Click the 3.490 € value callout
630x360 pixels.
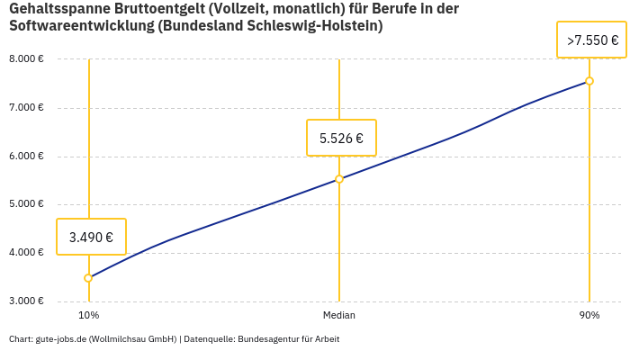click(x=91, y=237)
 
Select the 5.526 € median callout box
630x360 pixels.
click(x=341, y=138)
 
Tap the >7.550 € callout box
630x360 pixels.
click(x=592, y=40)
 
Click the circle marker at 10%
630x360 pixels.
click(x=88, y=278)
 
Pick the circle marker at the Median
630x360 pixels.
click(x=339, y=179)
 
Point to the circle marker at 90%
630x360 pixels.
click(x=589, y=81)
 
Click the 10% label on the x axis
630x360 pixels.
click(x=88, y=315)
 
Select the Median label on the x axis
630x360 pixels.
click(x=339, y=315)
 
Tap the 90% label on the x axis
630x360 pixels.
click(x=589, y=315)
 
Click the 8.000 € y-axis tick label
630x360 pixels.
click(x=26, y=59)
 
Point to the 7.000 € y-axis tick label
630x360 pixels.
click(x=26, y=108)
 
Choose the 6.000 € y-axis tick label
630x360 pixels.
click(x=26, y=156)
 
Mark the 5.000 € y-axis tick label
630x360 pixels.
click(x=26, y=204)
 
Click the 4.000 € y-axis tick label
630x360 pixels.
click(x=26, y=252)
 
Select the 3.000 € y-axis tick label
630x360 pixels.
click(x=26, y=301)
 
